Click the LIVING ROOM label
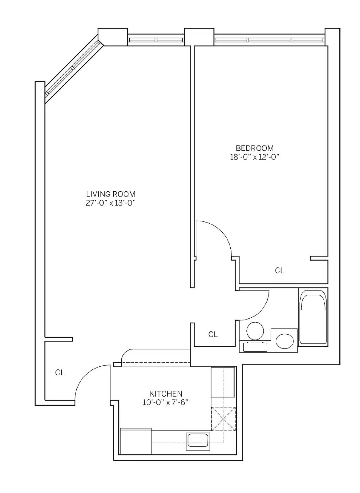[x=111, y=194]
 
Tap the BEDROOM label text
[x=255, y=148]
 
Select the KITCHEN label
[x=166, y=393]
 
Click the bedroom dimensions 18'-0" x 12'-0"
[x=254, y=157]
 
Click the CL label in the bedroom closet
[x=280, y=271]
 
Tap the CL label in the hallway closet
[x=213, y=334]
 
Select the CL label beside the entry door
[x=60, y=373]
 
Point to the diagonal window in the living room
[x=74, y=69]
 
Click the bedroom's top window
[x=269, y=40]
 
